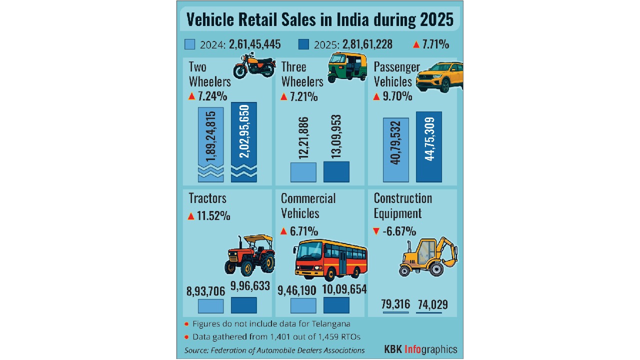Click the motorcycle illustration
click(254, 66)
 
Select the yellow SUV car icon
click(439, 77)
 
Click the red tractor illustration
click(250, 255)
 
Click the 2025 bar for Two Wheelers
click(243, 142)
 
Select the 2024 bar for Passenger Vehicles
click(396, 149)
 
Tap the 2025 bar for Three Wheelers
click(336, 171)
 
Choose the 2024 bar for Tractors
click(210, 305)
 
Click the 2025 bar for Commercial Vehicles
click(336, 305)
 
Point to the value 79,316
click(395, 304)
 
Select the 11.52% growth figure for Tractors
click(214, 216)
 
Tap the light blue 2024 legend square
click(189, 44)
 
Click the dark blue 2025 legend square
click(303, 44)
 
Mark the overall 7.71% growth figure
click(435, 44)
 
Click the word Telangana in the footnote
click(329, 324)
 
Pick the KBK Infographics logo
click(420, 349)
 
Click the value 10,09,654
click(345, 289)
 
